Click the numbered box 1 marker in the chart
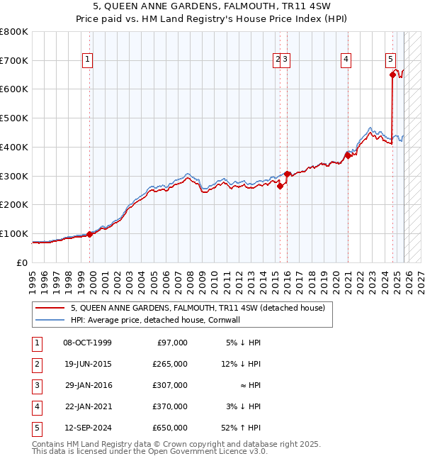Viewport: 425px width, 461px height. (86, 60)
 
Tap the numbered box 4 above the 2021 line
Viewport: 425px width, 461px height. (346, 60)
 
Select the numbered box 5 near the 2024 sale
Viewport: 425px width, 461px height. (391, 60)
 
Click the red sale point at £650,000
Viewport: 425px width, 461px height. (392, 73)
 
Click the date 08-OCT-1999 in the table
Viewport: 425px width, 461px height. (87, 343)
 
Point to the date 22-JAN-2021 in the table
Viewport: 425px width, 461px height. (87, 406)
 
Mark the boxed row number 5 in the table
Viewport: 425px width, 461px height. (36, 428)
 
